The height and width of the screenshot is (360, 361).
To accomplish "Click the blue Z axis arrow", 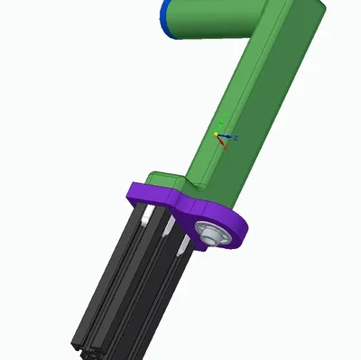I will coord(227,137).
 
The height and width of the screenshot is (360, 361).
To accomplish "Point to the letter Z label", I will coord(236,138).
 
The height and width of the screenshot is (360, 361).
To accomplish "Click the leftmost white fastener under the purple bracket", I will coord(143,217).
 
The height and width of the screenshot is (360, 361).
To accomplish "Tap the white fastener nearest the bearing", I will coord(184,244).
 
